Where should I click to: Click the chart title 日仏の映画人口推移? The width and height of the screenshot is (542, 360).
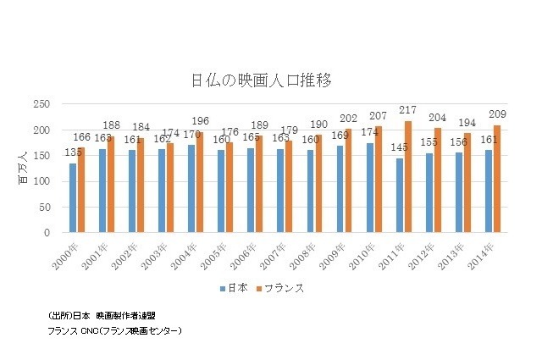(271, 81)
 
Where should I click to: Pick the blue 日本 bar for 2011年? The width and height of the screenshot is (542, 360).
(399, 195)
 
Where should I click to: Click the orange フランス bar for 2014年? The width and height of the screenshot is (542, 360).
(496, 179)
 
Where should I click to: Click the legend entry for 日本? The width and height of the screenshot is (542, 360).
(235, 288)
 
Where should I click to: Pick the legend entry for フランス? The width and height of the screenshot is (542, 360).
(283, 288)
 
